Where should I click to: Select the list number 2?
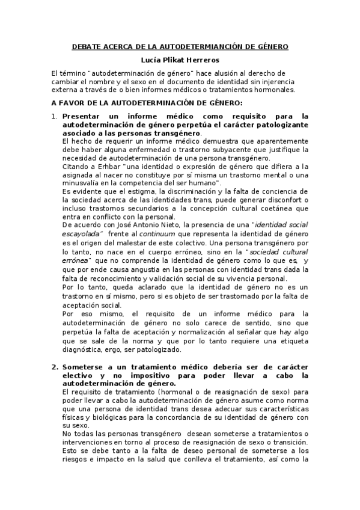(x=53, y=367)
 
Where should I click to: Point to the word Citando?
(x=76, y=165)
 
